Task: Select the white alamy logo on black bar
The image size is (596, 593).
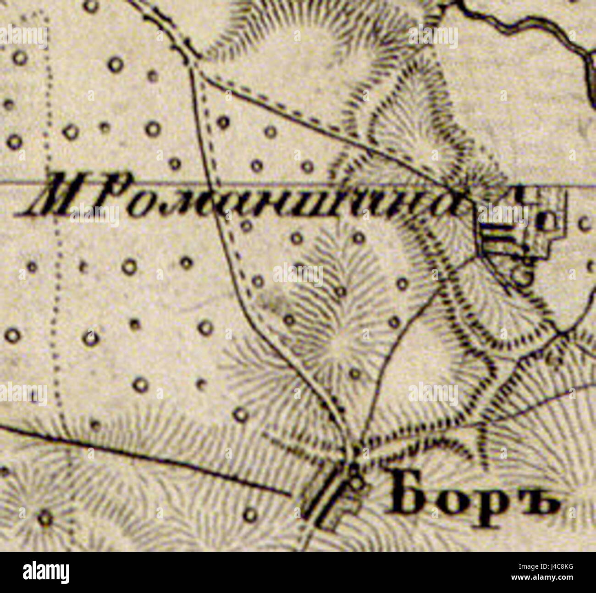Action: (46, 572)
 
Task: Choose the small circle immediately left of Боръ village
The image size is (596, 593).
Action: (250, 515)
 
